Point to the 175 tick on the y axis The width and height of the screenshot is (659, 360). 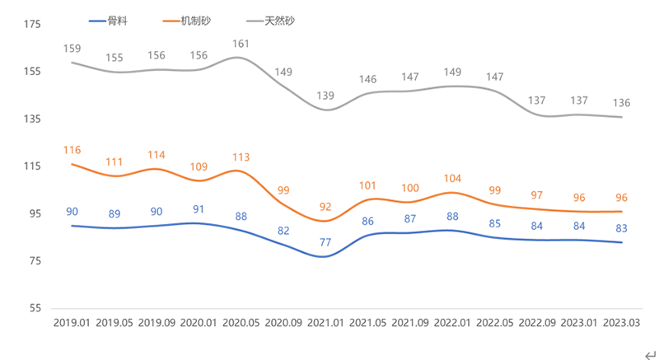tap(33, 25)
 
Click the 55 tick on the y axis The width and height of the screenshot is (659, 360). tap(35, 309)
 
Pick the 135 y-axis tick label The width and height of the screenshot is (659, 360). tap(33, 119)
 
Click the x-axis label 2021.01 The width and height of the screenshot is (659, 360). tap(325, 323)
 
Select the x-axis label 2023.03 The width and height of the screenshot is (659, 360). tap(621, 323)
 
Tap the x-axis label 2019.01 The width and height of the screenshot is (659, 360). tap(72, 323)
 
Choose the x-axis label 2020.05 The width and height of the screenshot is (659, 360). tap(240, 323)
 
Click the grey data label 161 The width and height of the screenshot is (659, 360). tap(241, 44)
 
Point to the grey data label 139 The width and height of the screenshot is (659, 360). tap(325, 96)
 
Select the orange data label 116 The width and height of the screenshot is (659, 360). tap(72, 150)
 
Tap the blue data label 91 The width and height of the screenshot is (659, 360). tap(199, 209)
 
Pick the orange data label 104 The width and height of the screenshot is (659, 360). tap(452, 178)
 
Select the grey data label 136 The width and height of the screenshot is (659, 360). tap(621, 102)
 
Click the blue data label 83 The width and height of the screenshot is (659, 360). tap(621, 228)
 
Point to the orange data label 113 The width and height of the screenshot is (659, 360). tap(241, 157)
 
